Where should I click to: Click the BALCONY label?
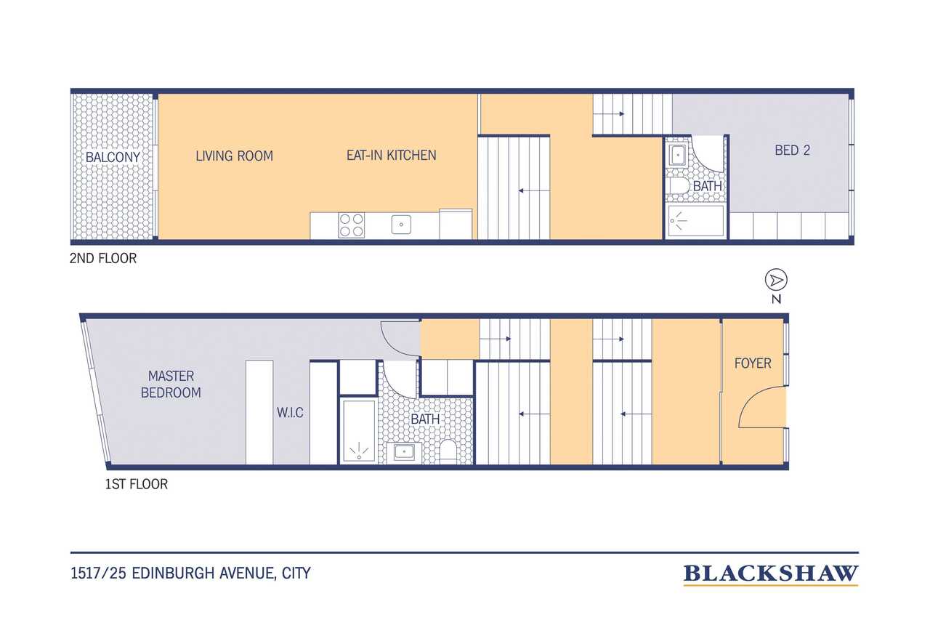(113, 157)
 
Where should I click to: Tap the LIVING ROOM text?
(235, 156)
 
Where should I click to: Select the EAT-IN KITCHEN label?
(392, 156)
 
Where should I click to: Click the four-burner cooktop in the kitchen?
(351, 225)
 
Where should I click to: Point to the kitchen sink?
(401, 225)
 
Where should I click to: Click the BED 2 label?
(792, 150)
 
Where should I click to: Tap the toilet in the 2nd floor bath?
(677, 185)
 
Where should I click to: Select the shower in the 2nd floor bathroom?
(695, 221)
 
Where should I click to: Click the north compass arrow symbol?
(776, 281)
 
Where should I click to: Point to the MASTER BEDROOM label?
(171, 384)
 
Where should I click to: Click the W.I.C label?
(290, 413)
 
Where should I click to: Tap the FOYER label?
(753, 363)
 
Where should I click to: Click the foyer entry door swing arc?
(752, 398)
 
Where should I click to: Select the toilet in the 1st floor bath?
(448, 452)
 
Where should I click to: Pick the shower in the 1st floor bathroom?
(359, 432)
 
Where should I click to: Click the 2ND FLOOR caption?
(103, 258)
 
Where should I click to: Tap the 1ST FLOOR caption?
(136, 484)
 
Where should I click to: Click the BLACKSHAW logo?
(771, 574)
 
